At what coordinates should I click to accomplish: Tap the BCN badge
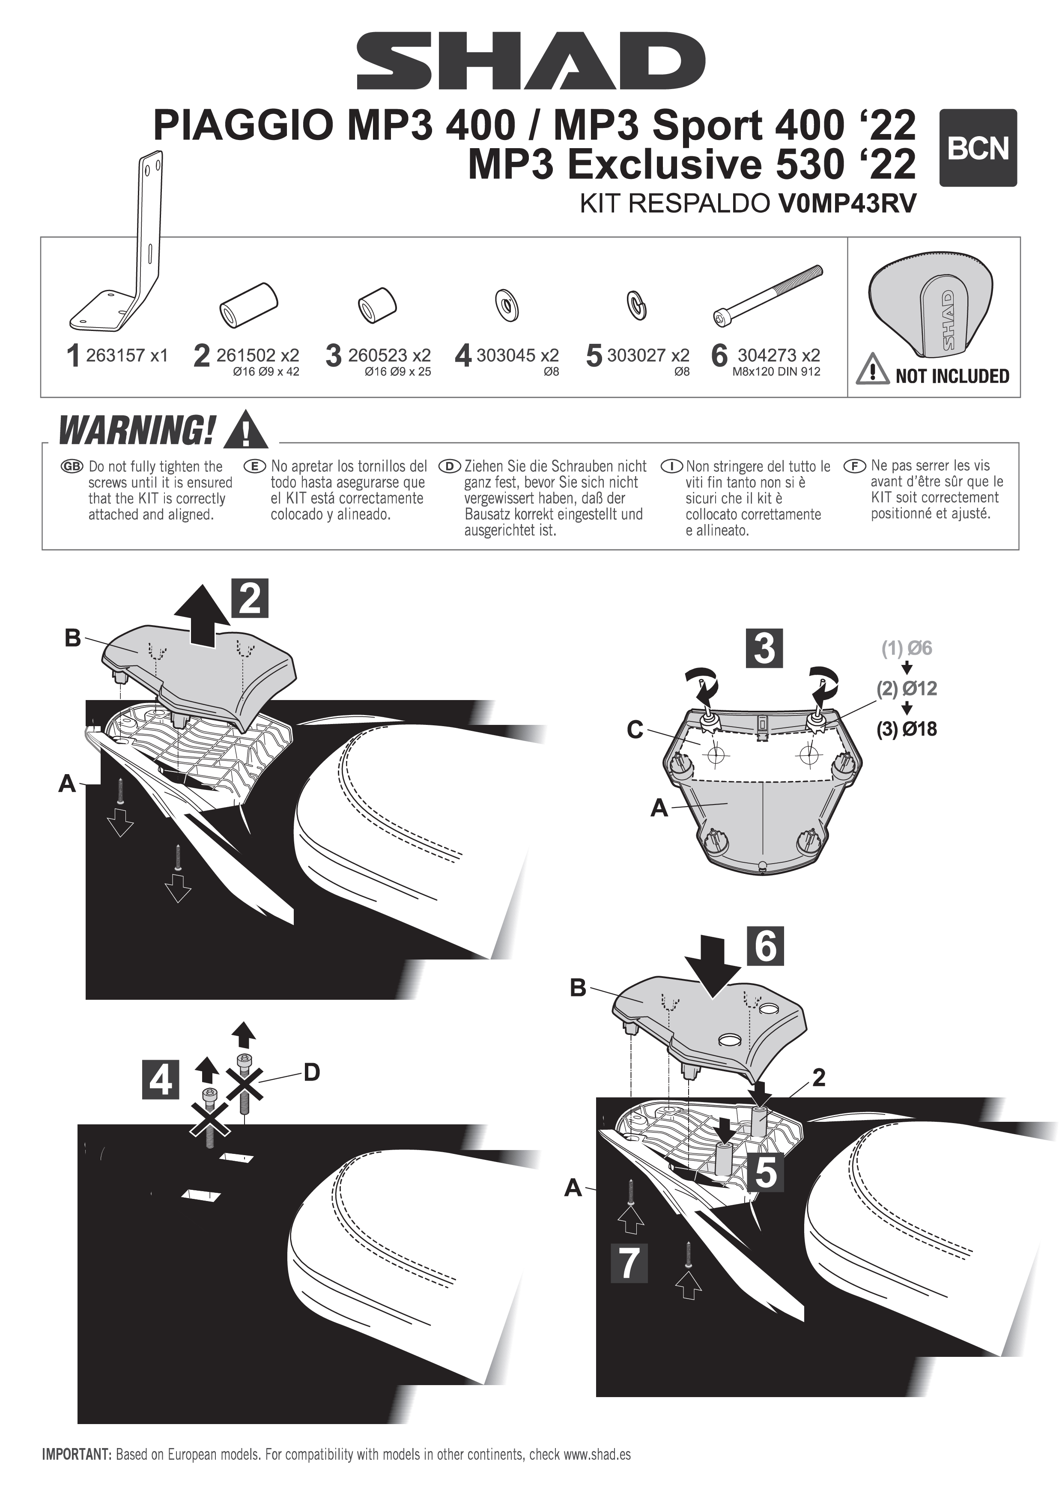(978, 148)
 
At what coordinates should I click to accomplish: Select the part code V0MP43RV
(847, 203)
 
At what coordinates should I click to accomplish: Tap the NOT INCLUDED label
(952, 376)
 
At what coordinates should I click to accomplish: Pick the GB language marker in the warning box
(72, 466)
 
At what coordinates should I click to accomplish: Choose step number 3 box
(764, 648)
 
